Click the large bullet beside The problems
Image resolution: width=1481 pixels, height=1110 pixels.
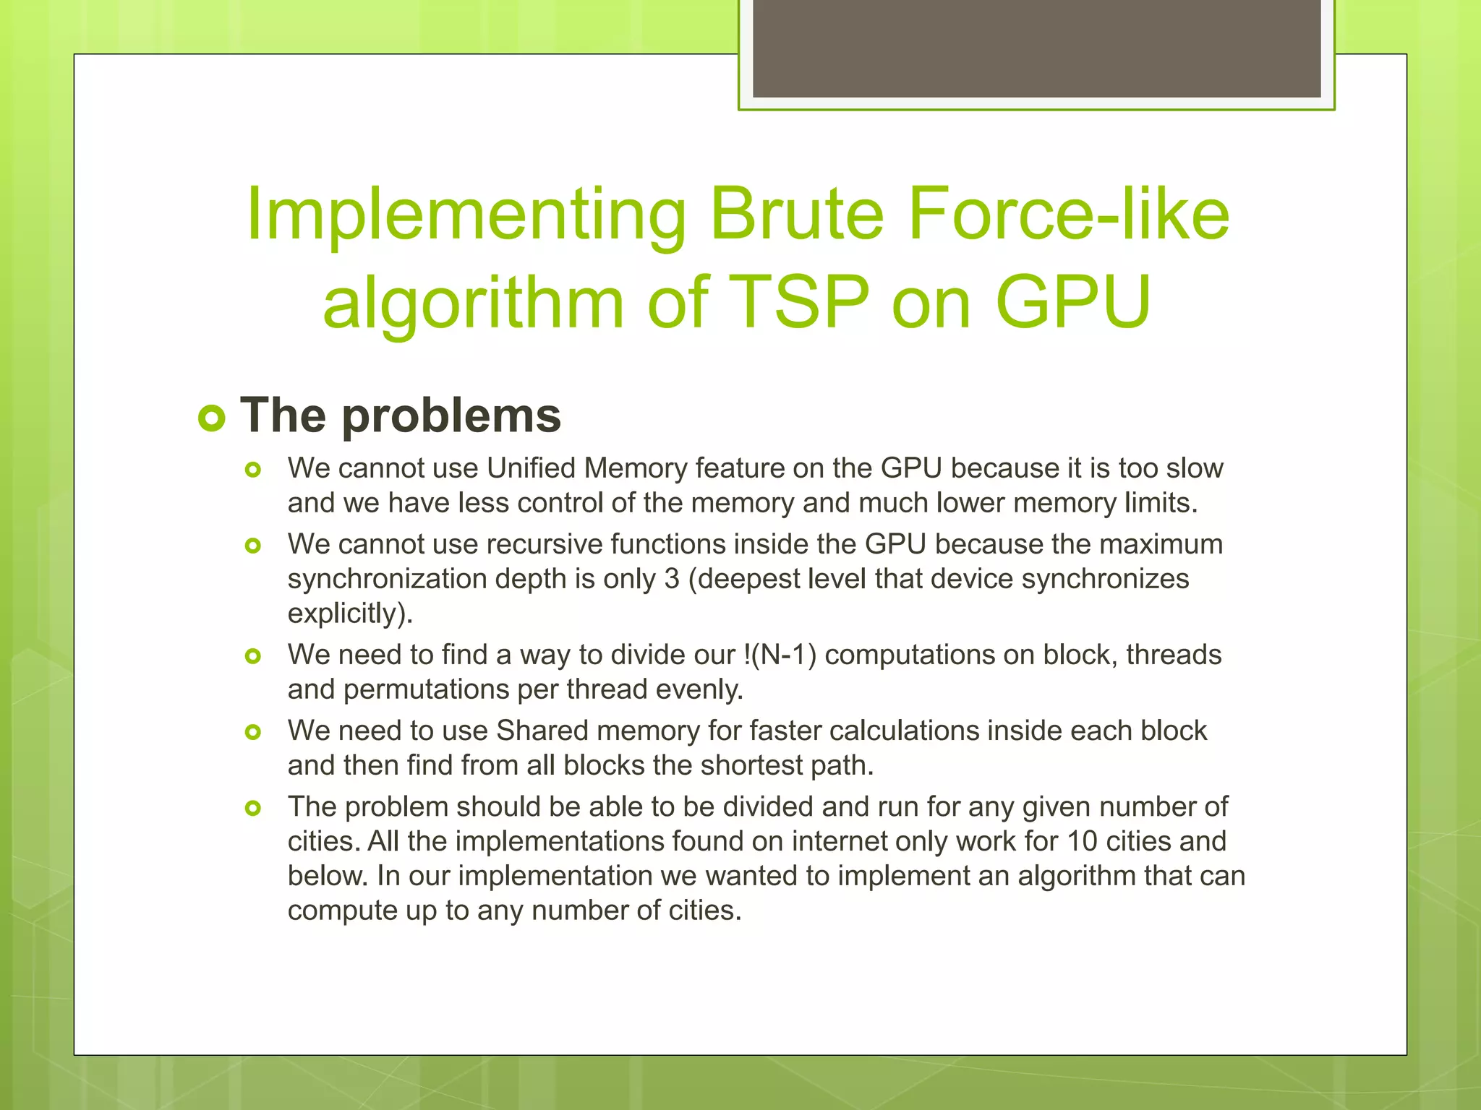coord(212,418)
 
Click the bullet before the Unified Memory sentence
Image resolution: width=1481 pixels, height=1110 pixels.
coord(252,470)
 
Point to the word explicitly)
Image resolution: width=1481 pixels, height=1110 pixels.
coord(350,614)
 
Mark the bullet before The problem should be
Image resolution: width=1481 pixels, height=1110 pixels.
coord(252,808)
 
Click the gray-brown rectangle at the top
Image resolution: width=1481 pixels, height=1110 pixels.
coord(1036,48)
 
